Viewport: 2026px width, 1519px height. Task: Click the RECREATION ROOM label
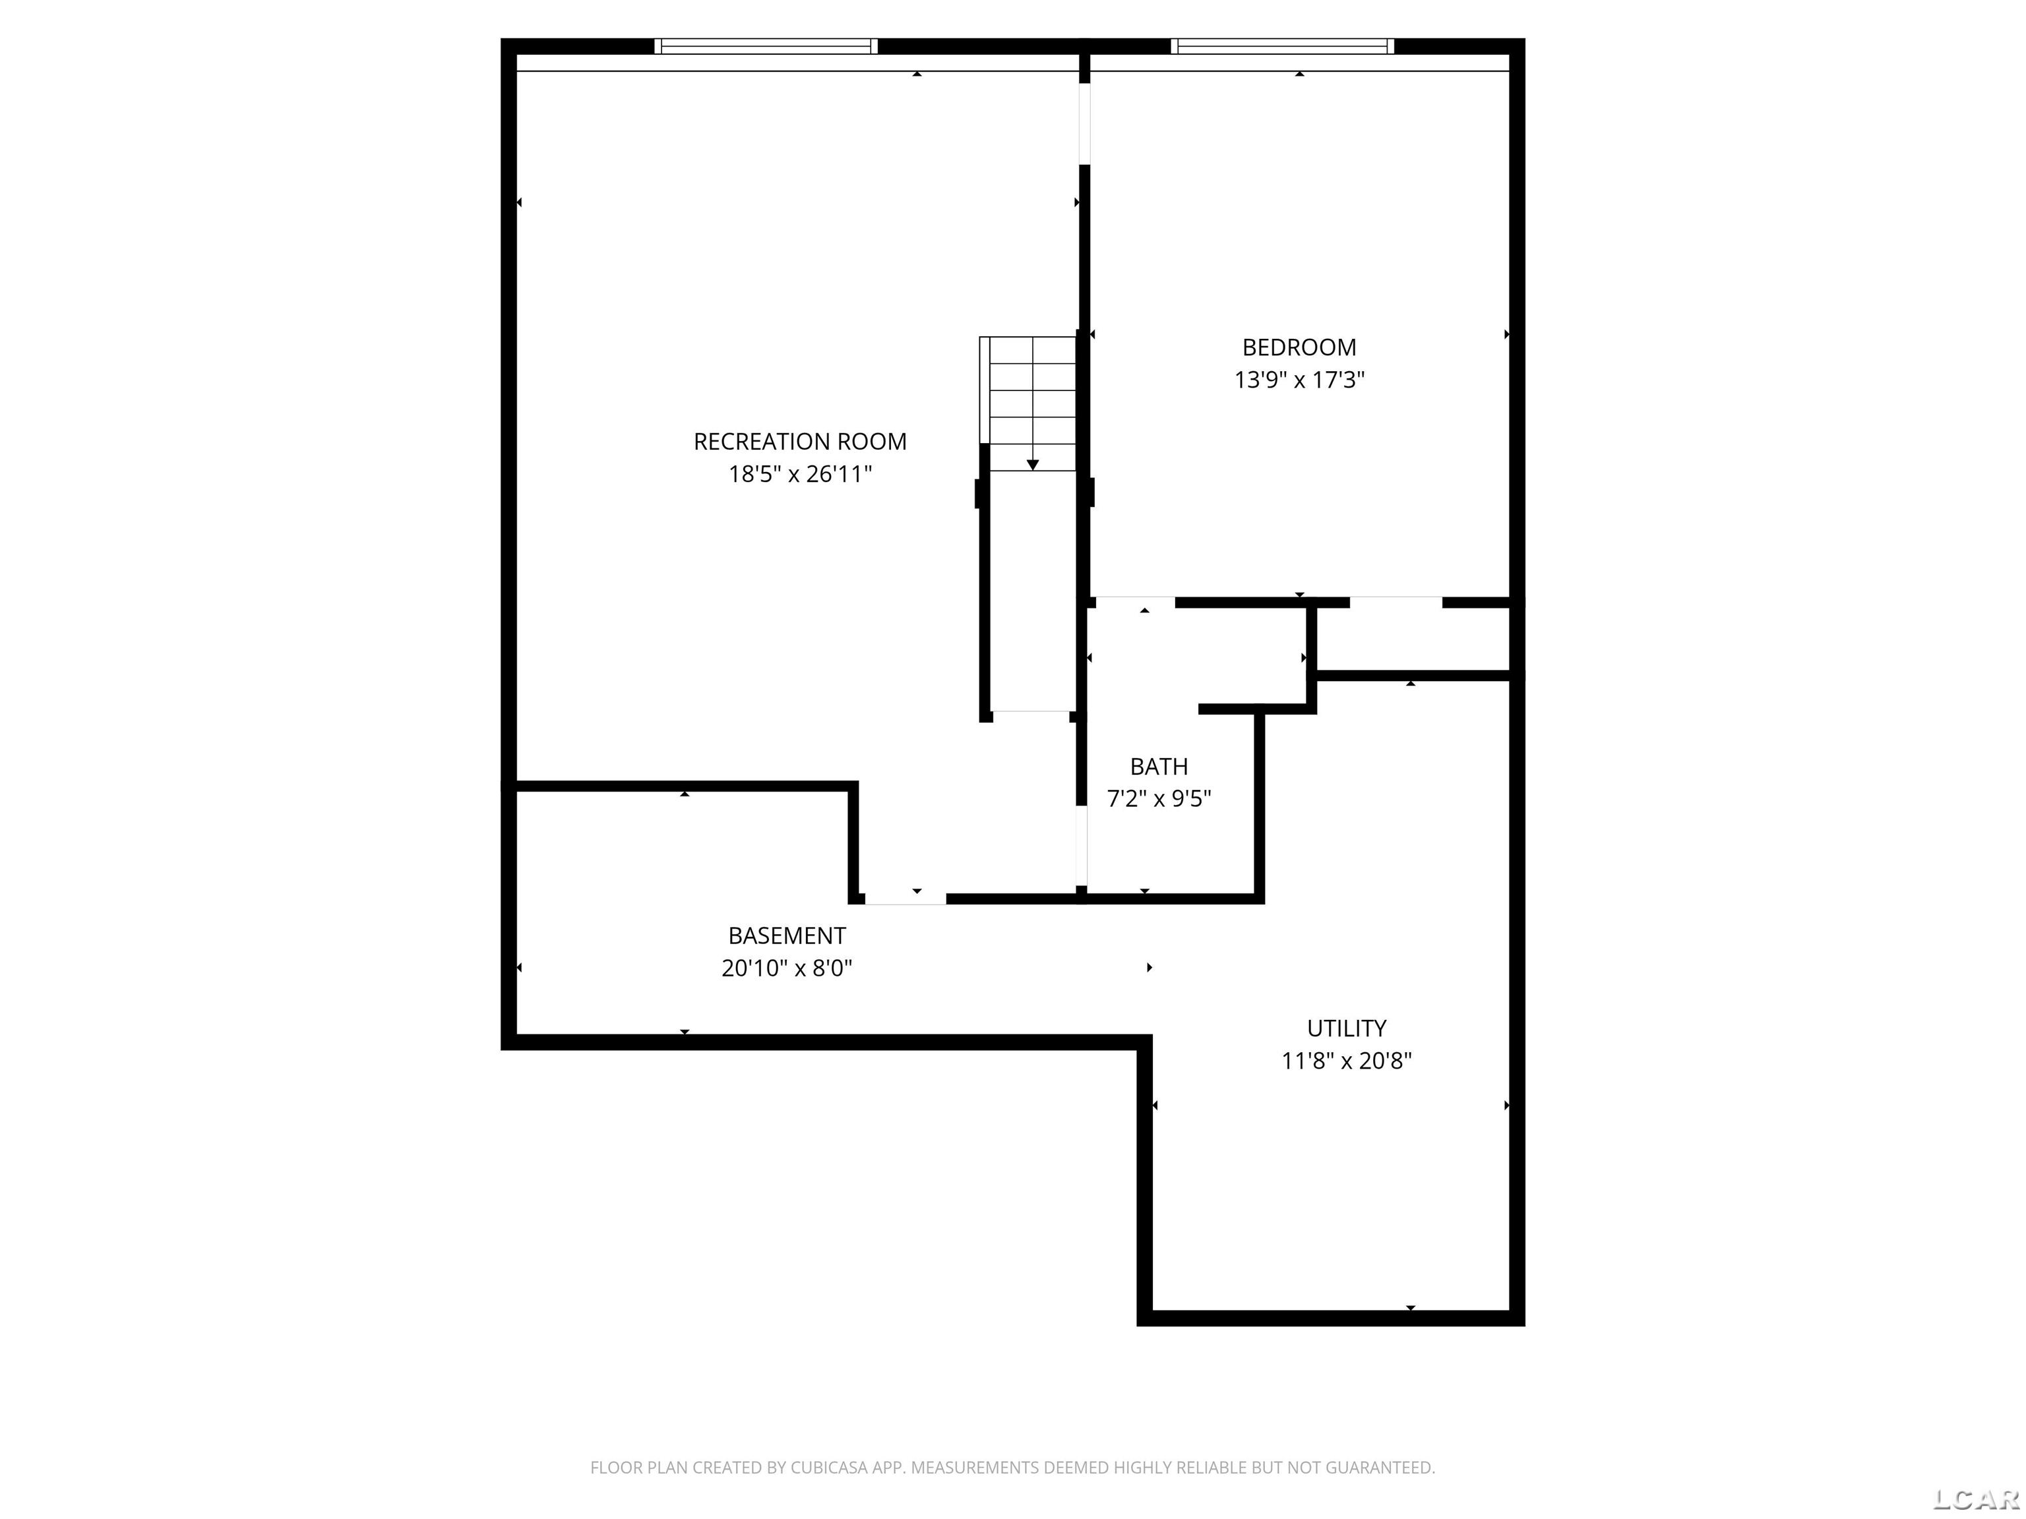click(799, 441)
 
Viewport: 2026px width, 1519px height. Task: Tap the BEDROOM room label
click(1299, 347)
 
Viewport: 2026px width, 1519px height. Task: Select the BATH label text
click(1159, 766)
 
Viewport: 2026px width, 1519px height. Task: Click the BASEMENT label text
click(787, 936)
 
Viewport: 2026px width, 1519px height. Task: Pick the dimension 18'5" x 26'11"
click(799, 474)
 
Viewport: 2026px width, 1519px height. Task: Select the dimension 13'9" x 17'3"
click(1299, 380)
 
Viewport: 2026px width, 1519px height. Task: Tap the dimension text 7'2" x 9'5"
click(1159, 799)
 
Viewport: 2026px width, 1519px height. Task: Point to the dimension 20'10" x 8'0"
click(787, 968)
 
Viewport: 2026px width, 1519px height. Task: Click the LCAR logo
click(1976, 1499)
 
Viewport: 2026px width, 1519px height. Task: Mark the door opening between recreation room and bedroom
click(1084, 123)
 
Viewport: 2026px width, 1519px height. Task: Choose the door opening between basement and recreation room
click(905, 898)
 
